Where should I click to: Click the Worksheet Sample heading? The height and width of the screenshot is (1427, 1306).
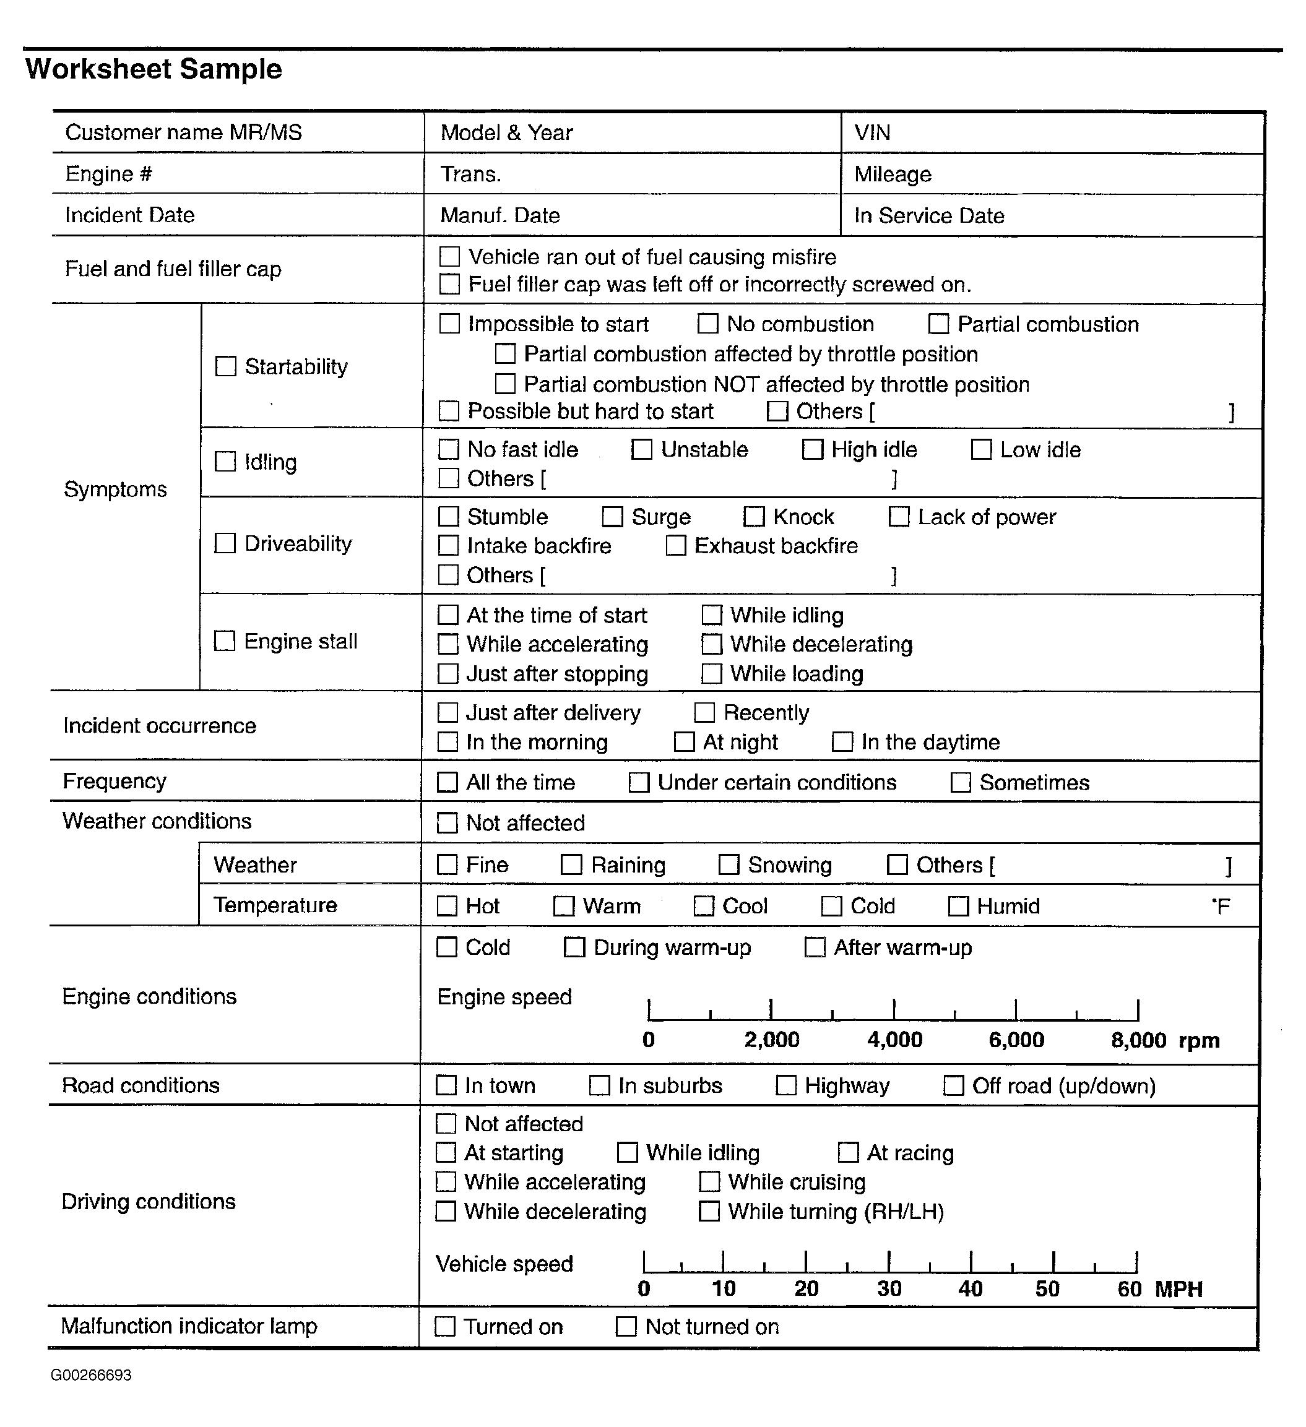click(x=154, y=69)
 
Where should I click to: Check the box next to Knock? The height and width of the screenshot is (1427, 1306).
click(x=754, y=517)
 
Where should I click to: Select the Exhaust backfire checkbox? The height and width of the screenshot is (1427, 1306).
click(x=676, y=546)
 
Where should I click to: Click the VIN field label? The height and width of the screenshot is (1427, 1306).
click(x=872, y=132)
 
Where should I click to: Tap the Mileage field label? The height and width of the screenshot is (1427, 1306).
click(x=893, y=174)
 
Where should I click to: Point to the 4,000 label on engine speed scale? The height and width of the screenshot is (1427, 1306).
click(x=895, y=1040)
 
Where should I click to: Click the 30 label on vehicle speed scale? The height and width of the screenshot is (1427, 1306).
click(x=889, y=1288)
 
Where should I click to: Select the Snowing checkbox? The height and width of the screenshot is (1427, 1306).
click(x=729, y=865)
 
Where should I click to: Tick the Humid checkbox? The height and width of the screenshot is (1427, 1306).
click(x=958, y=906)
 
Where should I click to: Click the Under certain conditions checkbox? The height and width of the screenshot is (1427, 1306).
click(x=639, y=782)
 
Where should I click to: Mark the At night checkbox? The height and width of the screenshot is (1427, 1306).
click(x=685, y=742)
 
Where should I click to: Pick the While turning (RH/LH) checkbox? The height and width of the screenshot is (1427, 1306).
click(x=709, y=1211)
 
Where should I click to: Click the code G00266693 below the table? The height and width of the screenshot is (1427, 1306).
click(x=92, y=1374)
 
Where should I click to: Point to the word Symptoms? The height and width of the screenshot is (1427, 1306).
click(x=115, y=489)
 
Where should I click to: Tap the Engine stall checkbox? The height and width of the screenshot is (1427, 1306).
click(x=225, y=640)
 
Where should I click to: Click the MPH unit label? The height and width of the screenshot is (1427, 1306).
click(x=1178, y=1288)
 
